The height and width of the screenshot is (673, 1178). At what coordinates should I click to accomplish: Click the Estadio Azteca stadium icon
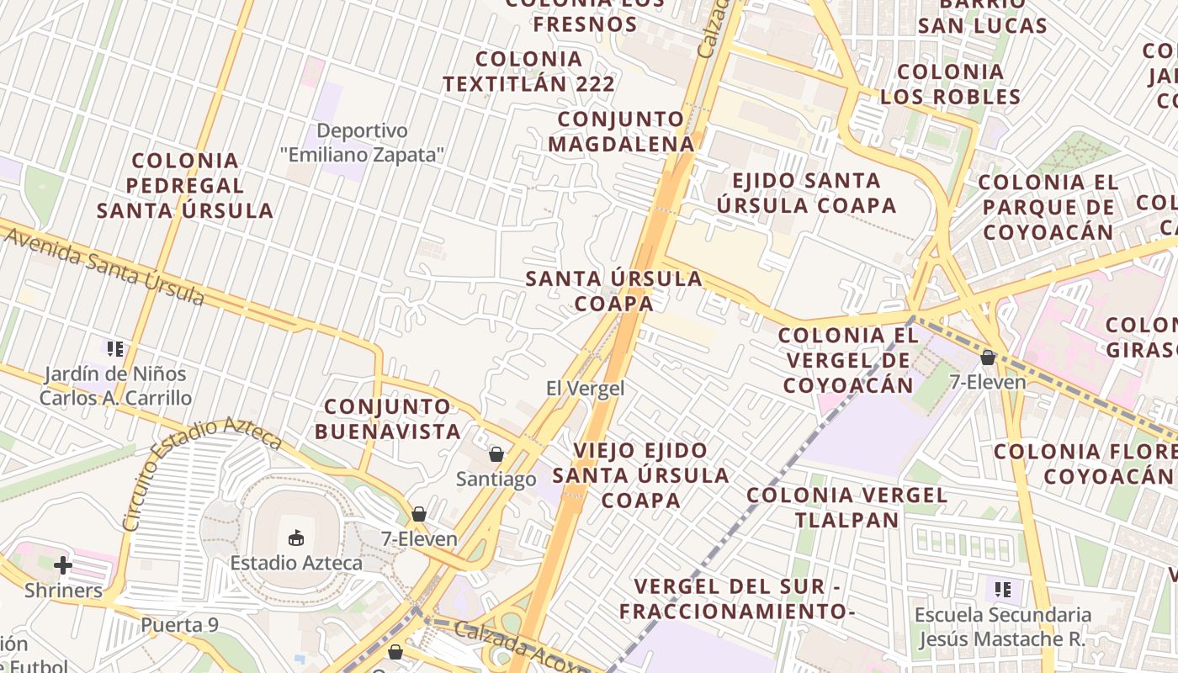(296, 538)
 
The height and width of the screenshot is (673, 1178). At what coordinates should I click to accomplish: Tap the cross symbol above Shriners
(63, 565)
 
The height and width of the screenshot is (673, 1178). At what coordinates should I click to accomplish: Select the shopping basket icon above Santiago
(496, 454)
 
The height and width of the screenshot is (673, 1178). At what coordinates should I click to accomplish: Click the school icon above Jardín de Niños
(115, 348)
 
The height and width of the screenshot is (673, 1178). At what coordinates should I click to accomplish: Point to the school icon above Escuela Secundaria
(1002, 589)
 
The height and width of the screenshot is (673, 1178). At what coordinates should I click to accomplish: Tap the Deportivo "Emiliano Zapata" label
(362, 143)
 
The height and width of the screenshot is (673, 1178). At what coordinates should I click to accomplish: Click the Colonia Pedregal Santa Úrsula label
(185, 185)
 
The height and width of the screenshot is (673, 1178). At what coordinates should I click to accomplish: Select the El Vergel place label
(585, 389)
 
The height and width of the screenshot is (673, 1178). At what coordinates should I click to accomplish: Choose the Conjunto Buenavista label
(393, 419)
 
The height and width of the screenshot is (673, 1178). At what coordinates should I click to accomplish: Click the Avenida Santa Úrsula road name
(105, 265)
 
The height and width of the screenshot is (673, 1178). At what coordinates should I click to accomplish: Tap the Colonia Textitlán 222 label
(528, 72)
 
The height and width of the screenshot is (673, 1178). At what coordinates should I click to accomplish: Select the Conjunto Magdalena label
(621, 131)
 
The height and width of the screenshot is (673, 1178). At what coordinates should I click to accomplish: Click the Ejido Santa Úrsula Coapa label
(806, 193)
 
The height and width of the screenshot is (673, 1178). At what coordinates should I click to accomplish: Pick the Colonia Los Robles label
(951, 84)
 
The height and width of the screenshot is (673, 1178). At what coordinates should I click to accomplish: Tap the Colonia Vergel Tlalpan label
(847, 507)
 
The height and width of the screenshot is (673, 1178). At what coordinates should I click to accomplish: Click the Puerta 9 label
(179, 625)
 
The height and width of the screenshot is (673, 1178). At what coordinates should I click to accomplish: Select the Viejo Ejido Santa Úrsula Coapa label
(641, 475)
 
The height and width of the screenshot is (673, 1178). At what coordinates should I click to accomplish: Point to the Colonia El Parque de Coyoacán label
(1048, 207)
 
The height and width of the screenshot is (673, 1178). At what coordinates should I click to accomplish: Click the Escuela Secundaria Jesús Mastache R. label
(1002, 628)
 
